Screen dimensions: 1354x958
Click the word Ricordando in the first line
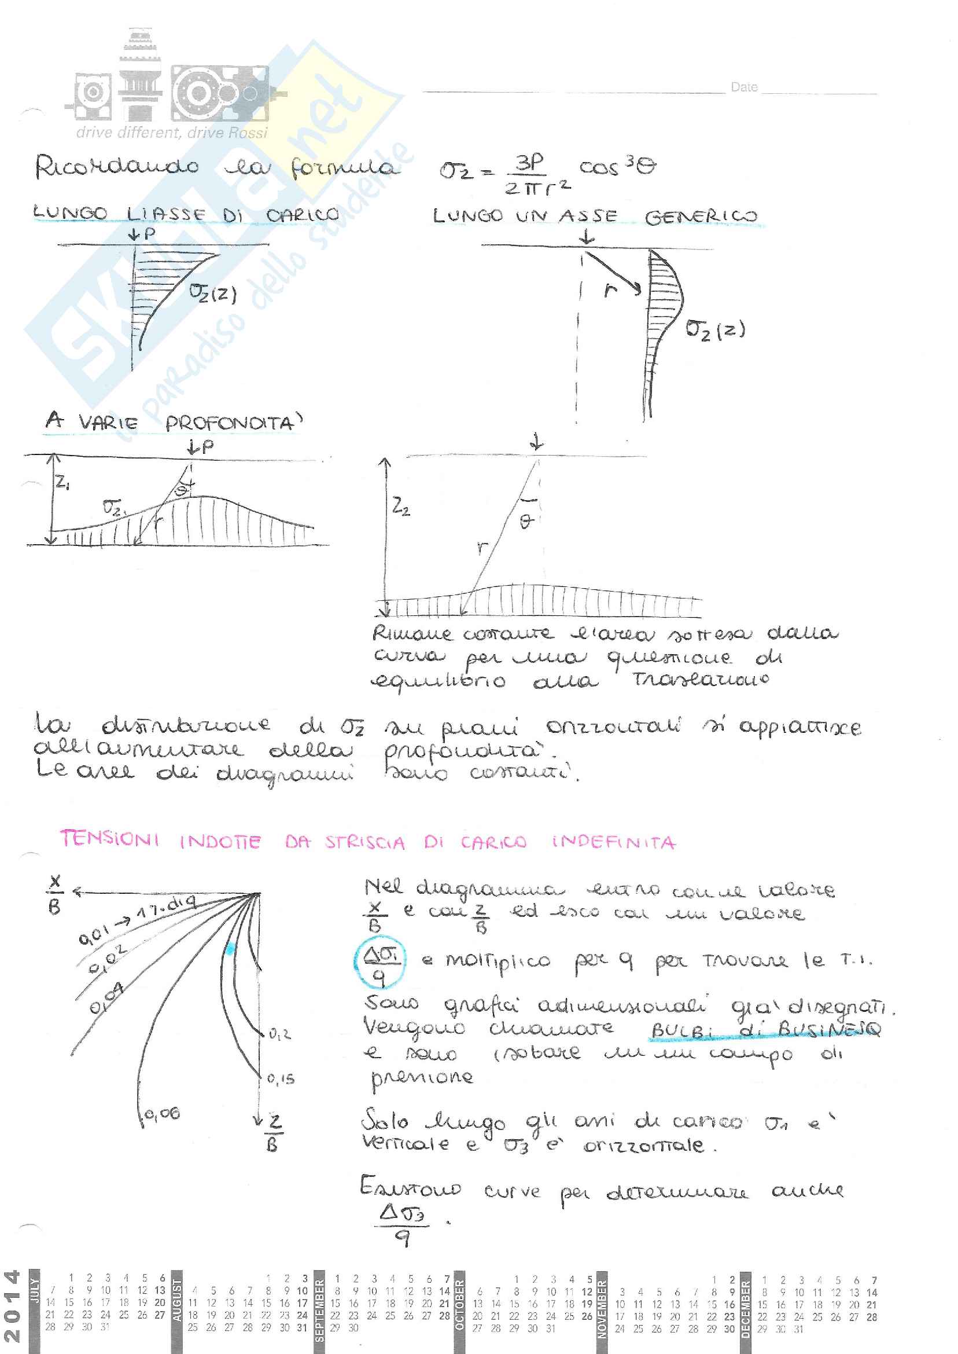tap(117, 168)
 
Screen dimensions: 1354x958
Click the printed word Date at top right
tap(744, 87)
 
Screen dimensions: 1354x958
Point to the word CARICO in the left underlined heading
tap(302, 215)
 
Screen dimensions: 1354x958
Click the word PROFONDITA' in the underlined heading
tap(234, 423)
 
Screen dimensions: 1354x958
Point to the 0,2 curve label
tap(279, 1034)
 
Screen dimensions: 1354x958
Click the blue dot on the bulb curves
tap(230, 949)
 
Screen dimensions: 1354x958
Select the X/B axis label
tap(55, 894)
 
